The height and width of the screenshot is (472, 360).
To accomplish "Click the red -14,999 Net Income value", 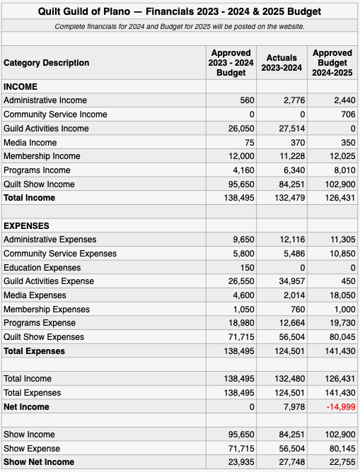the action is (341, 407).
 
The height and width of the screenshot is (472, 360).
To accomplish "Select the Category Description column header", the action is (47, 63).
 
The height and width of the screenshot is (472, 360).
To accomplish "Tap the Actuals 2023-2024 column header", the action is (281, 63).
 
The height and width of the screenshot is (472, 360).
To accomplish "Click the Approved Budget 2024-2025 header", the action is (332, 63).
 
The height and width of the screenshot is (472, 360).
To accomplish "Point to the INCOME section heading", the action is (21, 87).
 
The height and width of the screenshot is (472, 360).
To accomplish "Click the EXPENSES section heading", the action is (26, 226).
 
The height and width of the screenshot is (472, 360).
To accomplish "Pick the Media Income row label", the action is (30, 143).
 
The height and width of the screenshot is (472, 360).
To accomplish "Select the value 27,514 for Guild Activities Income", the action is (292, 129).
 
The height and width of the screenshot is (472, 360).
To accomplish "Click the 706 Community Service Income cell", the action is (348, 114).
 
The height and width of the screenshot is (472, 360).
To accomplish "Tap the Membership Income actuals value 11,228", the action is (292, 156).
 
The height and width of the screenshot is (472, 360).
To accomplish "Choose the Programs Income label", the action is (37, 170).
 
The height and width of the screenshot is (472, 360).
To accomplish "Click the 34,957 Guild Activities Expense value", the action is (292, 281).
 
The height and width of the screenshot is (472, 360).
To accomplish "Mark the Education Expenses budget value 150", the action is (248, 268).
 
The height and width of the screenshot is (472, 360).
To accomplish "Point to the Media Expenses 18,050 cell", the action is (342, 295).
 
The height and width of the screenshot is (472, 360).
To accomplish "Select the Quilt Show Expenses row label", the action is (44, 337).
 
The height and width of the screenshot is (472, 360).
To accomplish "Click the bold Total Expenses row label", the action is (34, 351).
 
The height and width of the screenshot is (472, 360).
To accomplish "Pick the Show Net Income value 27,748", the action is (292, 462).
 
